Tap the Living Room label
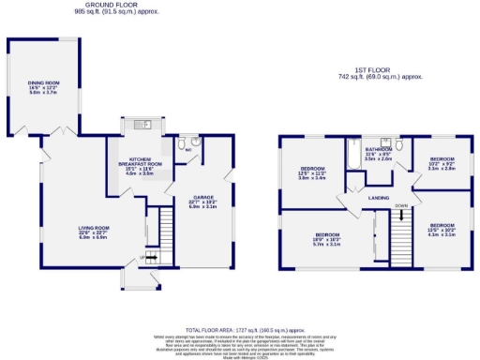96,232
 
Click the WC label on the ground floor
189,147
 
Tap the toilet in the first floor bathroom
399,147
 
